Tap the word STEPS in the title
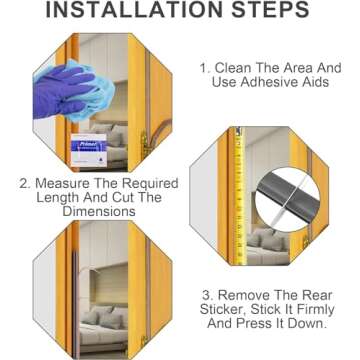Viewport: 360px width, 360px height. (x=271, y=9)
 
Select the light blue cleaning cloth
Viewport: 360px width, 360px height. (x=91, y=91)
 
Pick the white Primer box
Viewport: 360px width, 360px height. (x=89, y=150)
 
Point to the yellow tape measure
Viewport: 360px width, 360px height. (x=239, y=196)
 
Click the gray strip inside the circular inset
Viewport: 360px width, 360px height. (x=289, y=198)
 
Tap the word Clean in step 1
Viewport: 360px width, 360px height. (x=233, y=68)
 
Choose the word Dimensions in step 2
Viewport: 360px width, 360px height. (x=99, y=211)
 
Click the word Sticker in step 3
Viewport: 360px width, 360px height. (x=223, y=309)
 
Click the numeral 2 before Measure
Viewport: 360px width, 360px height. (x=24, y=184)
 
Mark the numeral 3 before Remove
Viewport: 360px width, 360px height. (x=207, y=296)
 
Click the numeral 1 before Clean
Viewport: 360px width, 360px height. (x=204, y=68)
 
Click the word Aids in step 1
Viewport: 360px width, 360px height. (x=317, y=82)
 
